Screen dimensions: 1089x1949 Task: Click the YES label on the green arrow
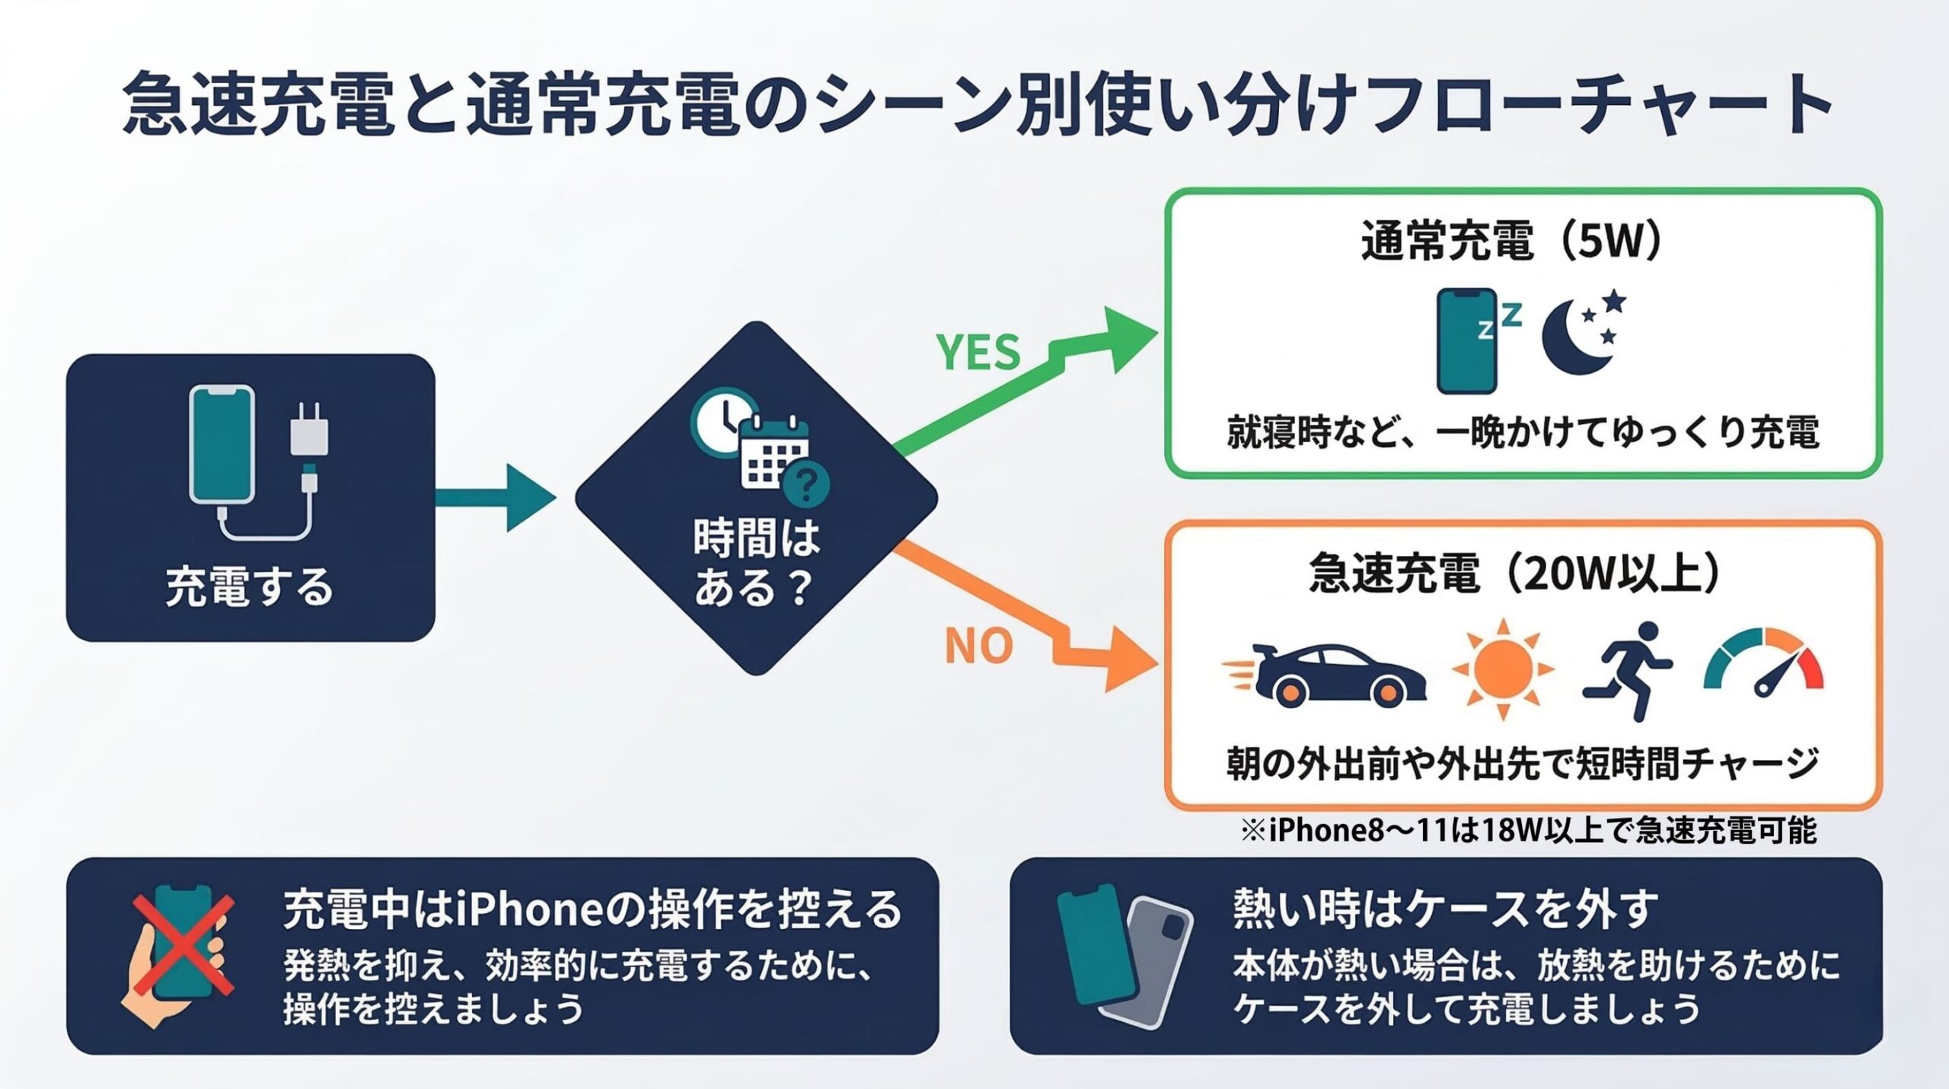[978, 353]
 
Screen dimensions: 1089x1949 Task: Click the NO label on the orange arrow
[978, 646]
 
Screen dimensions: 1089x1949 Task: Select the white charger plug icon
[309, 431]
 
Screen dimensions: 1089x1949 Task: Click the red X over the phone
[183, 945]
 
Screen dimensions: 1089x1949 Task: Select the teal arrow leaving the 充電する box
[495, 497]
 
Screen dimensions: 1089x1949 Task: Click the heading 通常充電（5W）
[1512, 242]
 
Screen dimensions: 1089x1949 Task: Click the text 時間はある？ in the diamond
[755, 562]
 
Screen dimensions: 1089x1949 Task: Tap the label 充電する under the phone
[250, 587]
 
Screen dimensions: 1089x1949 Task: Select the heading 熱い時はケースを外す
[1444, 908]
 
